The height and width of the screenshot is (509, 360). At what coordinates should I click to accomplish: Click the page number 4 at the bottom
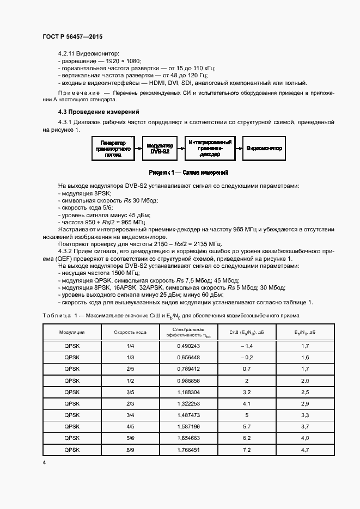click(44, 462)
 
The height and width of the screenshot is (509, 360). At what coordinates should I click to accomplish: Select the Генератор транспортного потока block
click(113, 148)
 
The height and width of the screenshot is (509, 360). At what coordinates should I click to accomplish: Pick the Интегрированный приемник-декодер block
click(210, 148)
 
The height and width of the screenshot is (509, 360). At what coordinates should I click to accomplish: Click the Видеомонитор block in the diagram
click(264, 148)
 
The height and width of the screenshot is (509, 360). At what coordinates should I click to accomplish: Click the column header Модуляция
click(71, 332)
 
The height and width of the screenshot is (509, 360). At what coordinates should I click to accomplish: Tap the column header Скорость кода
click(130, 332)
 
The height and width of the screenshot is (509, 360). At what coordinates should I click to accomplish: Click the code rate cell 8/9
click(130, 450)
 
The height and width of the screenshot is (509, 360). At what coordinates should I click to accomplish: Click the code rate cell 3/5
click(130, 392)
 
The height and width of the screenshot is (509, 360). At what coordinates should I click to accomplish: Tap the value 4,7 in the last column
click(305, 450)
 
